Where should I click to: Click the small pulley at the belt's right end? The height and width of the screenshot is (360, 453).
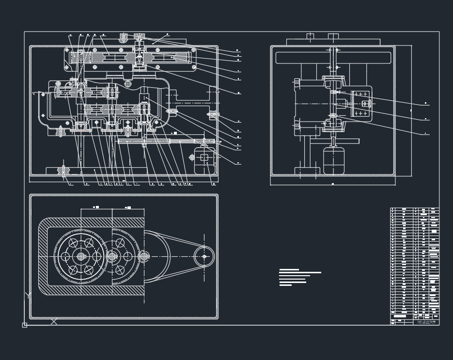click(204, 256)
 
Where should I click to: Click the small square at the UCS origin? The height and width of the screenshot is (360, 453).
click(25, 325)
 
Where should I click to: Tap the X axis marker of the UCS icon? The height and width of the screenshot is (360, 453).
click(54, 321)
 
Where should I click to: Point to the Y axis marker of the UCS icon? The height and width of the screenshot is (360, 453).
click(28, 295)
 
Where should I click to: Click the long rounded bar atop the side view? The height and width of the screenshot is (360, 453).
click(333, 58)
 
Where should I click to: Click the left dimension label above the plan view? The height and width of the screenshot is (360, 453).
click(96, 207)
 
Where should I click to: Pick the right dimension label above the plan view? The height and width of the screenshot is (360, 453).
click(128, 207)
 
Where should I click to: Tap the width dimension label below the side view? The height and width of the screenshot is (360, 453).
click(333, 184)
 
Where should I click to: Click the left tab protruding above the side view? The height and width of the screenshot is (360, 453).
click(310, 36)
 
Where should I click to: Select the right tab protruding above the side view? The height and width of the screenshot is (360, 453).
click(333, 36)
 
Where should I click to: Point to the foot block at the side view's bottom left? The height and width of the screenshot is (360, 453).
click(307, 171)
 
